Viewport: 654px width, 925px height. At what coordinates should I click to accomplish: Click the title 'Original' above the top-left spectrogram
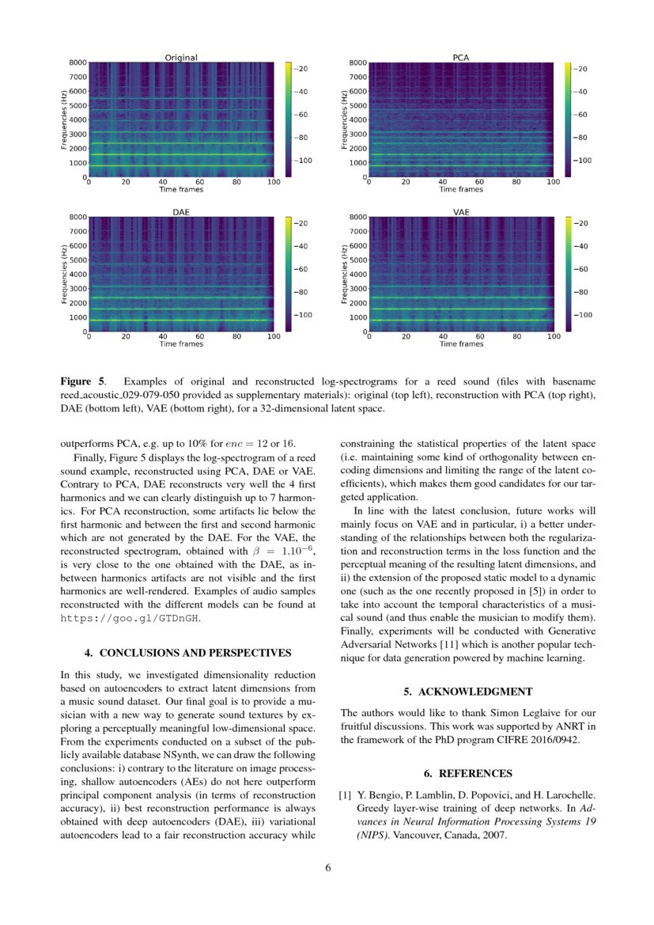(180, 58)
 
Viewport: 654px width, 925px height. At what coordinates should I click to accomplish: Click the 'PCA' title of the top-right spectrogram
(460, 58)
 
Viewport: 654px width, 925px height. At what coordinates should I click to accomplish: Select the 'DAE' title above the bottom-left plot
(180, 212)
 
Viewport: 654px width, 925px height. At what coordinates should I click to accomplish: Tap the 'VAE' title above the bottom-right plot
(460, 212)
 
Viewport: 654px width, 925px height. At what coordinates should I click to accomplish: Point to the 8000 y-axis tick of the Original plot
(77, 63)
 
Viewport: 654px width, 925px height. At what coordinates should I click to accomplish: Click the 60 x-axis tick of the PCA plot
(479, 182)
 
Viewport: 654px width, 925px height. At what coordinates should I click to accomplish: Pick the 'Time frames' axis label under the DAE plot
(180, 344)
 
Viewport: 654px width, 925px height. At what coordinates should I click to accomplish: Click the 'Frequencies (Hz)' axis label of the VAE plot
(344, 274)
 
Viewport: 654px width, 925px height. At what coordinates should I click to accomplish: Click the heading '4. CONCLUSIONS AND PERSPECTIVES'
(188, 653)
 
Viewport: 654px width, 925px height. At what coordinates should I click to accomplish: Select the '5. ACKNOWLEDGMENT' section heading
(467, 692)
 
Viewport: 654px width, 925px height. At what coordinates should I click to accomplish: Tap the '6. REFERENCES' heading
(467, 773)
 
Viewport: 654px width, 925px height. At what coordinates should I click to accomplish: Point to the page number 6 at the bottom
(327, 867)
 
